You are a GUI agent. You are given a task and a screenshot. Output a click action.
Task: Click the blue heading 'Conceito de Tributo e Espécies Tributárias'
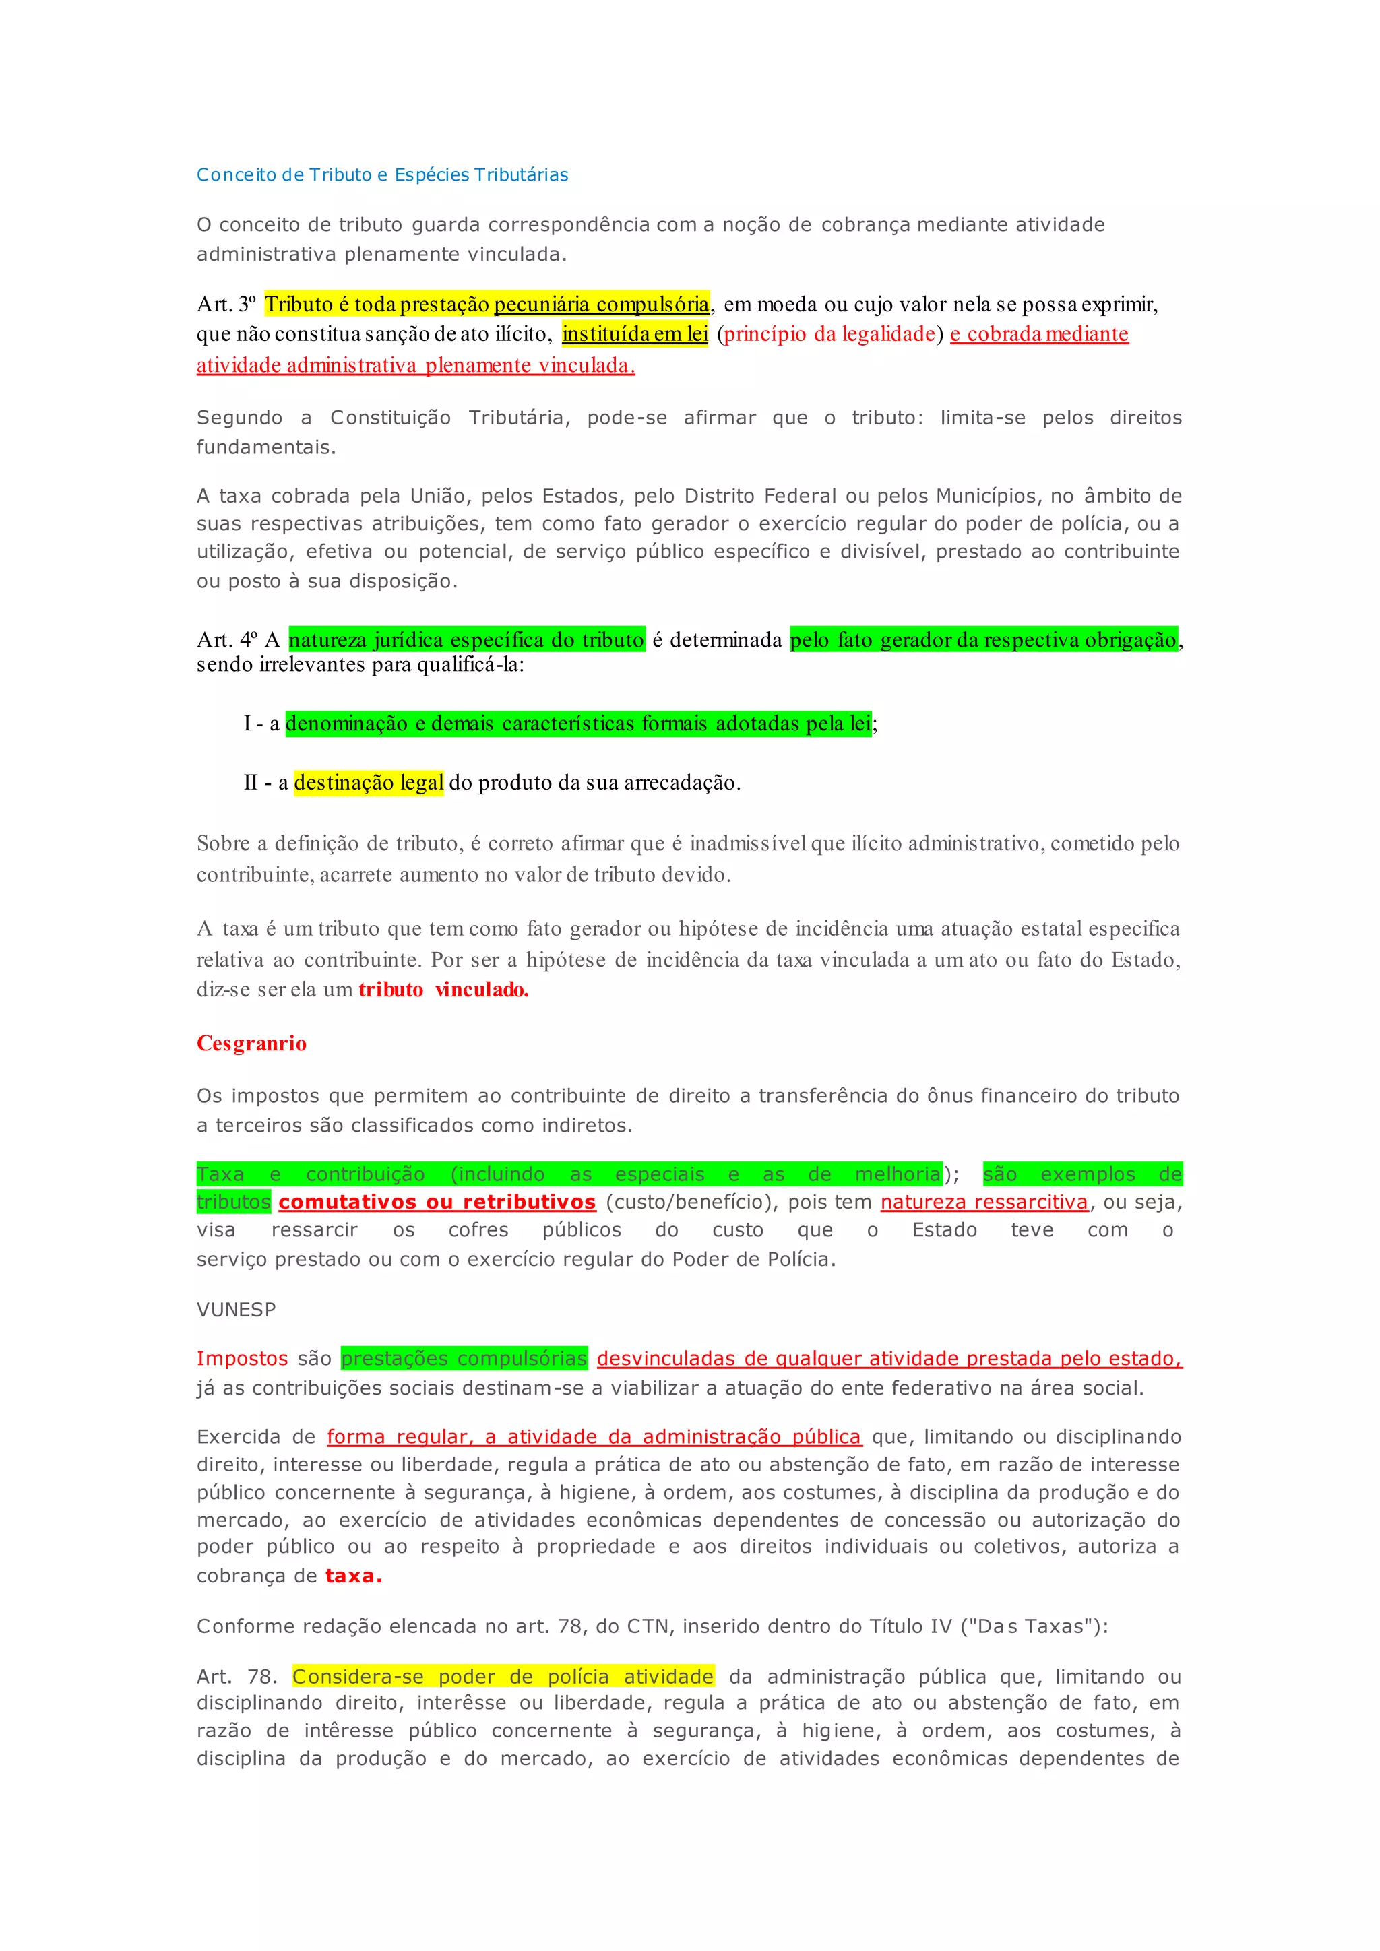381,175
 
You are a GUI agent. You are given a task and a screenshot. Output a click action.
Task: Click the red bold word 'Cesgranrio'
251,1044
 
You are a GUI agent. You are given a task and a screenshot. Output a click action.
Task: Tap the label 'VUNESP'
237,1310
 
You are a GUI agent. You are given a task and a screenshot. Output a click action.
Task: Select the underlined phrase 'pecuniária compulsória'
601,305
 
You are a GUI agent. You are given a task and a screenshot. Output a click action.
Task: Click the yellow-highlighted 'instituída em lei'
635,334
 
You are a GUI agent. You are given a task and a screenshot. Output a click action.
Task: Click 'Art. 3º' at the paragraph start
225,305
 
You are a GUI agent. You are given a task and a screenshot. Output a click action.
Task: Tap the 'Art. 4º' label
226,640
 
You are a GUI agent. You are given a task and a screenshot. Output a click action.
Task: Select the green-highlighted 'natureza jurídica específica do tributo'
466,640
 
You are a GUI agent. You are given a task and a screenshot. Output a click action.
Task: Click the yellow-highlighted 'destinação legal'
369,783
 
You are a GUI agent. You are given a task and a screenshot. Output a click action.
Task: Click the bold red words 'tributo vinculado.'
443,990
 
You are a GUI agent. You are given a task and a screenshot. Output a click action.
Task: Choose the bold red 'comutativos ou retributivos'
437,1203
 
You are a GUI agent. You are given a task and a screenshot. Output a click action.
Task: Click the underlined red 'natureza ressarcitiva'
984,1203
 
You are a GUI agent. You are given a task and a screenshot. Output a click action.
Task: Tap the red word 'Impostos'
241,1359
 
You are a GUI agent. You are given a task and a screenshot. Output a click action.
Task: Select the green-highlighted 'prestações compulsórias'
464,1359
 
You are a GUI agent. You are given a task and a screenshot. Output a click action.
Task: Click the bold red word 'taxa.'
354,1576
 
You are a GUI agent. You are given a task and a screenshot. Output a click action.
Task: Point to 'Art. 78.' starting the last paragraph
237,1677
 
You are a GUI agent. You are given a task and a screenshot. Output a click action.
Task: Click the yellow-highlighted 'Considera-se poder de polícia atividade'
503,1677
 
